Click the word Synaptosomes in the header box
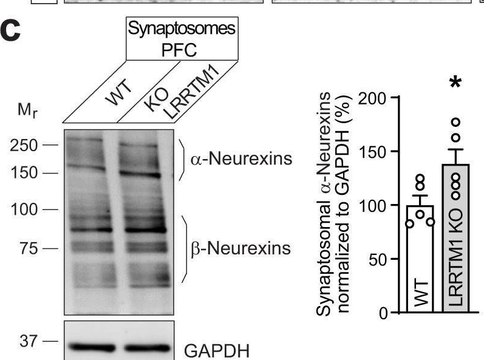click(x=182, y=29)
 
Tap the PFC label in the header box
click(x=179, y=49)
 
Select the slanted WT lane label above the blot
click(x=119, y=92)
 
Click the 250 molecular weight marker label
click(x=24, y=145)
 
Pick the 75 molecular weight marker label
click(x=29, y=248)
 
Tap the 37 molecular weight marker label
click(x=29, y=341)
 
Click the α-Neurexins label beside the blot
click(x=241, y=159)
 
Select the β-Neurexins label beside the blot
click(x=240, y=248)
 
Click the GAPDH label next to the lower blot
click(x=217, y=351)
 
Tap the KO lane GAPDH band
click(x=147, y=348)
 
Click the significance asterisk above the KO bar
click(x=455, y=83)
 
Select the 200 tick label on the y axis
click(x=373, y=99)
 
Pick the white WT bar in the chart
click(x=420, y=259)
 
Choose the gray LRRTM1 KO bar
click(x=455, y=238)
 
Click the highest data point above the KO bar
click(x=455, y=123)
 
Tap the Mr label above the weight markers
click(x=27, y=110)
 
